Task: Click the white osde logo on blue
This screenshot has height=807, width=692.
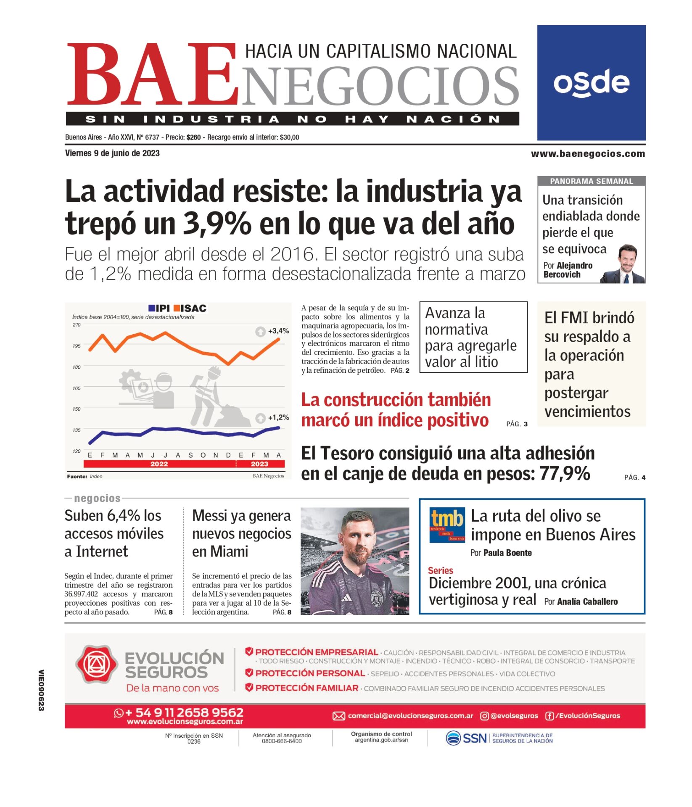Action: pyautogui.click(x=591, y=83)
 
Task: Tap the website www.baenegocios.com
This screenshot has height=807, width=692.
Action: pyautogui.click(x=587, y=154)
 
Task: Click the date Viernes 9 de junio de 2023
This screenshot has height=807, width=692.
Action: pyautogui.click(x=112, y=153)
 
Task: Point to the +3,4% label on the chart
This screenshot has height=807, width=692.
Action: pyautogui.click(x=278, y=331)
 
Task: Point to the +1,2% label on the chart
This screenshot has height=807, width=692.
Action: pyautogui.click(x=278, y=417)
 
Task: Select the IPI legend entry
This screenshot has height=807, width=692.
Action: pyautogui.click(x=159, y=308)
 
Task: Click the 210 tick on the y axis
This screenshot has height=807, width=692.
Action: pyautogui.click(x=77, y=325)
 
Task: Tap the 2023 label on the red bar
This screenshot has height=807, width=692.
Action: pyautogui.click(x=259, y=464)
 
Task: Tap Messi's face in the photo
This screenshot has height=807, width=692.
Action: pyautogui.click(x=357, y=537)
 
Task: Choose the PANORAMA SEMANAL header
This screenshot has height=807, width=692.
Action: pyautogui.click(x=591, y=181)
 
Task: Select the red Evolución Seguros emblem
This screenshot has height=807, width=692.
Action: pyautogui.click(x=96, y=664)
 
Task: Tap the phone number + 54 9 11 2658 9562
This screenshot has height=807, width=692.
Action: pyautogui.click(x=184, y=712)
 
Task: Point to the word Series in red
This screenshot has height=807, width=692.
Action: pyautogui.click(x=440, y=570)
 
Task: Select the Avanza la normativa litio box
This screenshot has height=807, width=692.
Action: pyautogui.click(x=473, y=337)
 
